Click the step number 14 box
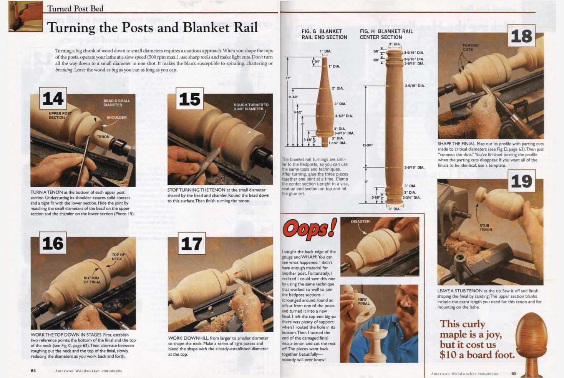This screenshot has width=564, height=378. click(53, 98)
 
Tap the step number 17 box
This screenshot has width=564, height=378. click(192, 243)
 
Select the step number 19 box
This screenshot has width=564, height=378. click(521, 181)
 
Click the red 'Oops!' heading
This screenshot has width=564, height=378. click(310, 230)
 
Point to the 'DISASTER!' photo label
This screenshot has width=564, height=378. click(360, 221)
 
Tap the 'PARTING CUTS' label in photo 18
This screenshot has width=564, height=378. click(471, 47)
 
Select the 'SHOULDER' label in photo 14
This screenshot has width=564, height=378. click(116, 117)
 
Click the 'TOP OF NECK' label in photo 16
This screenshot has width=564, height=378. click(118, 257)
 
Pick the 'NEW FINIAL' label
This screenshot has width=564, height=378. click(364, 301)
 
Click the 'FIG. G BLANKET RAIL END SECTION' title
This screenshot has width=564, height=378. click(324, 34)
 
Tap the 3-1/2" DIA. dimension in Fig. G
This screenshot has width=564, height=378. click(344, 116)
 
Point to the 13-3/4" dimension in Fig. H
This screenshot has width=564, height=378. click(368, 145)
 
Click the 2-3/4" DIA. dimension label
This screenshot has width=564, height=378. click(411, 197)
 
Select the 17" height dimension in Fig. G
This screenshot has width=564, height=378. click(288, 78)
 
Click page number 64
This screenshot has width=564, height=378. click(33, 370)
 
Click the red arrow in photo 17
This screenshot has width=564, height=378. click(238, 272)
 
